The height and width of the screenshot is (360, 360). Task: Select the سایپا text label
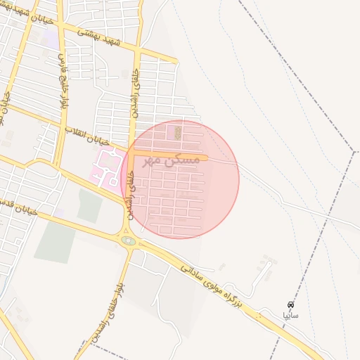[x=290, y=316]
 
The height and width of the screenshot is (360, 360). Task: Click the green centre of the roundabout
[x=128, y=241]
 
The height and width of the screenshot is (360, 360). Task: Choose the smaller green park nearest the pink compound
[x=90, y=205]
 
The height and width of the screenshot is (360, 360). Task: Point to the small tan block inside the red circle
[x=177, y=131]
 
